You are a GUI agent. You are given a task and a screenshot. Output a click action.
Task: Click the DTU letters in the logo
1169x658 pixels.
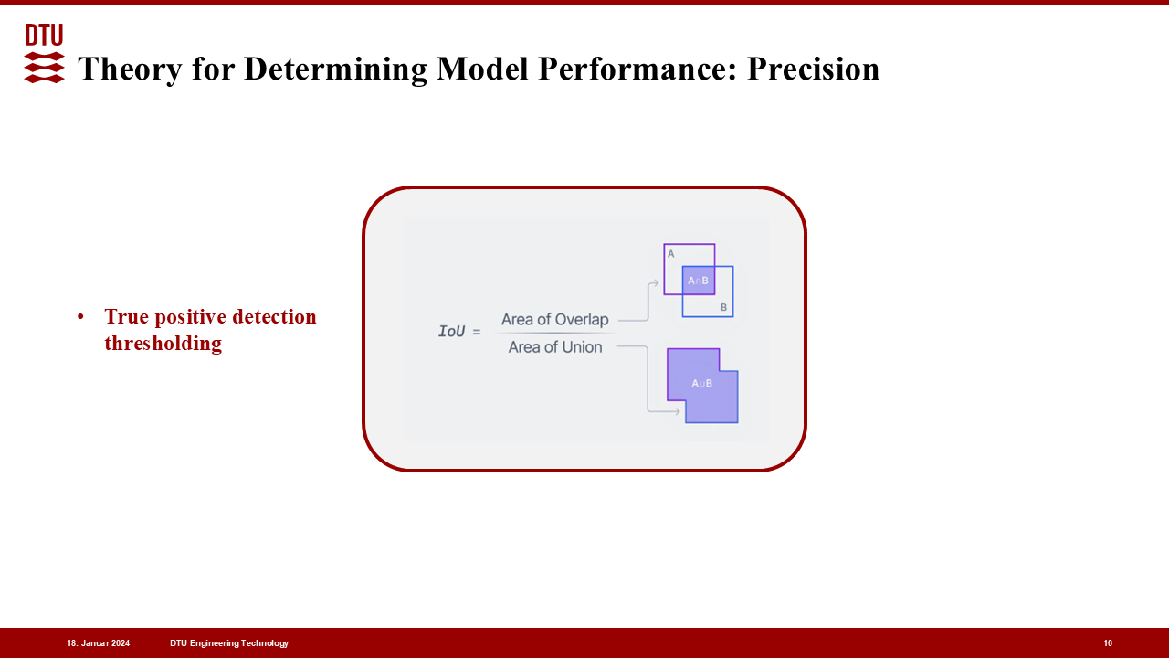click(x=45, y=35)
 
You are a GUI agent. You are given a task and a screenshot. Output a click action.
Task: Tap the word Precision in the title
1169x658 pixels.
click(x=813, y=69)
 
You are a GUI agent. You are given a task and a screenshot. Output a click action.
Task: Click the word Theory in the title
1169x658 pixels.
click(x=131, y=69)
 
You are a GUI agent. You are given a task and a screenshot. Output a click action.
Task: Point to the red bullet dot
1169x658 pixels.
click(x=80, y=316)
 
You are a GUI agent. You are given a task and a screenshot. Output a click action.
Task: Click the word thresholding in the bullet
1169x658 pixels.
click(x=163, y=344)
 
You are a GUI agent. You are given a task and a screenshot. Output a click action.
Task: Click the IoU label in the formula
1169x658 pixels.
click(x=451, y=331)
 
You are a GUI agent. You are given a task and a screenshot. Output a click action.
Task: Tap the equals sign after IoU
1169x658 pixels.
click(x=476, y=332)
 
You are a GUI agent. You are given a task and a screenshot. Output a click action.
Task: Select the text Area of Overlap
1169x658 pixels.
click(x=554, y=319)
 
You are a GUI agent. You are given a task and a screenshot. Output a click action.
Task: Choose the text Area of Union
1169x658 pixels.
click(x=554, y=346)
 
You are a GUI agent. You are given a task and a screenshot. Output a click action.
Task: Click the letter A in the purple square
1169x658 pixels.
click(x=671, y=254)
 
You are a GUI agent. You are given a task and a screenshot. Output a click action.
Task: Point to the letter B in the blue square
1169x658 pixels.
click(x=723, y=307)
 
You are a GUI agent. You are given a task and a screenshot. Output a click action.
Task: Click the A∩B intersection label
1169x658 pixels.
click(x=698, y=281)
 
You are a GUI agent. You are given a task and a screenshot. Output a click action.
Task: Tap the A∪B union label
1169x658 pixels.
click(x=701, y=383)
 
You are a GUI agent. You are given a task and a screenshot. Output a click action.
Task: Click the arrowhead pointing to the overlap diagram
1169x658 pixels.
click(x=655, y=283)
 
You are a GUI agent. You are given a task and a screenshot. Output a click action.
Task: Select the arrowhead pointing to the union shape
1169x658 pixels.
click(x=677, y=411)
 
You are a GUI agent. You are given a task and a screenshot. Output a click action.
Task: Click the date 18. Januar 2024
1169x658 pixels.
click(x=98, y=643)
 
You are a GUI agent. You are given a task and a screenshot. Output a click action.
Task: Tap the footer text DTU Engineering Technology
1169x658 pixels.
click(x=229, y=643)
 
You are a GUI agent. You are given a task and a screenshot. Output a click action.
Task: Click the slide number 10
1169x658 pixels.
click(x=1108, y=643)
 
